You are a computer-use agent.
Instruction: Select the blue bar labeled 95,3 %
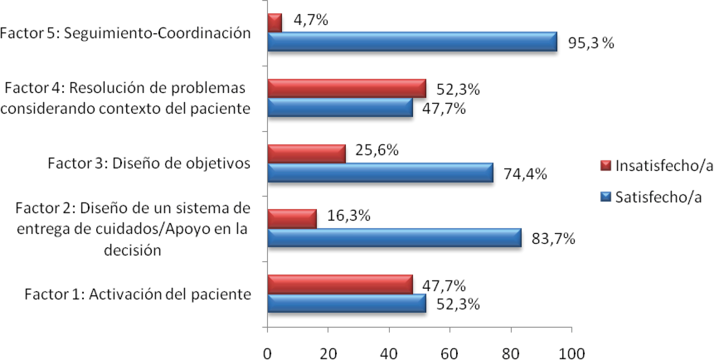coord(412,42)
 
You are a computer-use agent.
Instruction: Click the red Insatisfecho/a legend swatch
coord(606,165)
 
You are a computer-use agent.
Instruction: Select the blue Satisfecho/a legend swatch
coord(606,197)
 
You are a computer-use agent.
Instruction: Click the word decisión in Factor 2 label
coord(133,250)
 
